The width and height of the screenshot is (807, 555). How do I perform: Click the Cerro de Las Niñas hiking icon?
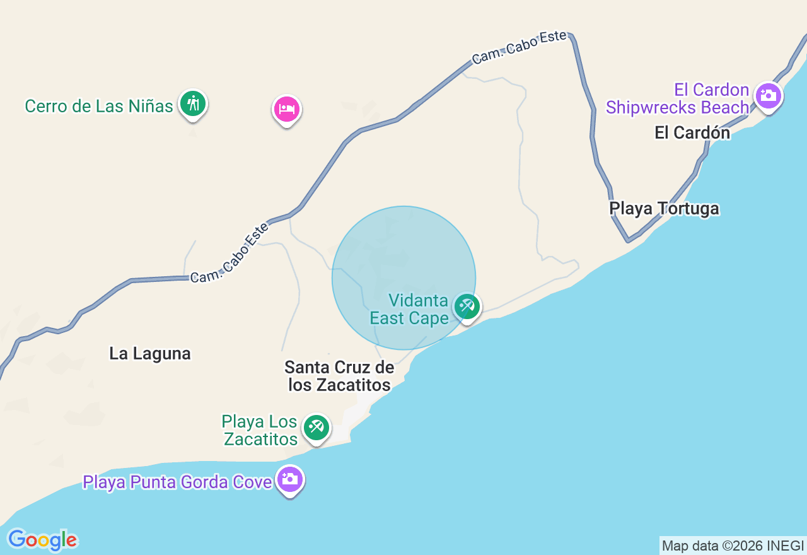coord(192,103)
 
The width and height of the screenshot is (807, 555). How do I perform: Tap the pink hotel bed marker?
coord(287,109)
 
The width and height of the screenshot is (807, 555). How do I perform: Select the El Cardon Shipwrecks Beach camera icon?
coord(769,96)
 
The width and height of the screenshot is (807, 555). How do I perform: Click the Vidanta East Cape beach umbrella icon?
coord(467,307)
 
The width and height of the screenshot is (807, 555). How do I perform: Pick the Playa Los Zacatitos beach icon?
coord(316,428)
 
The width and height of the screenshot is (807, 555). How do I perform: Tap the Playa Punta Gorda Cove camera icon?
coord(290,479)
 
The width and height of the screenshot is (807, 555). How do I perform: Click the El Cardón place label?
coord(692,133)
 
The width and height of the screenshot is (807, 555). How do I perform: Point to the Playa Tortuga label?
coord(664,209)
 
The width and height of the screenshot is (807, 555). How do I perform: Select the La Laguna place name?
coord(150,354)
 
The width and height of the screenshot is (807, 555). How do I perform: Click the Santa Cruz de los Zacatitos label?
coord(339,376)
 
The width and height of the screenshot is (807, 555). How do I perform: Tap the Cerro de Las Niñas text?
coord(99,106)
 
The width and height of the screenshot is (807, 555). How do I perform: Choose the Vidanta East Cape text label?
coord(409,309)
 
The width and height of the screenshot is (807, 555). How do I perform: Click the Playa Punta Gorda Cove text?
coord(177,482)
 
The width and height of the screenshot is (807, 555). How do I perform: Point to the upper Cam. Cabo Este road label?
coord(519,47)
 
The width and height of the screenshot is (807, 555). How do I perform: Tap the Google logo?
coord(42,540)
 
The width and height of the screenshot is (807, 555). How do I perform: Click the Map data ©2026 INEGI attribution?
coord(733,546)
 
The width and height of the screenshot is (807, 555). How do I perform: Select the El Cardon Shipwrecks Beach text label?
coord(678,99)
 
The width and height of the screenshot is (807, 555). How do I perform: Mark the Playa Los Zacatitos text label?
coord(260,430)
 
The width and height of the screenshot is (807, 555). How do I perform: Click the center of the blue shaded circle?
coord(403,278)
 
